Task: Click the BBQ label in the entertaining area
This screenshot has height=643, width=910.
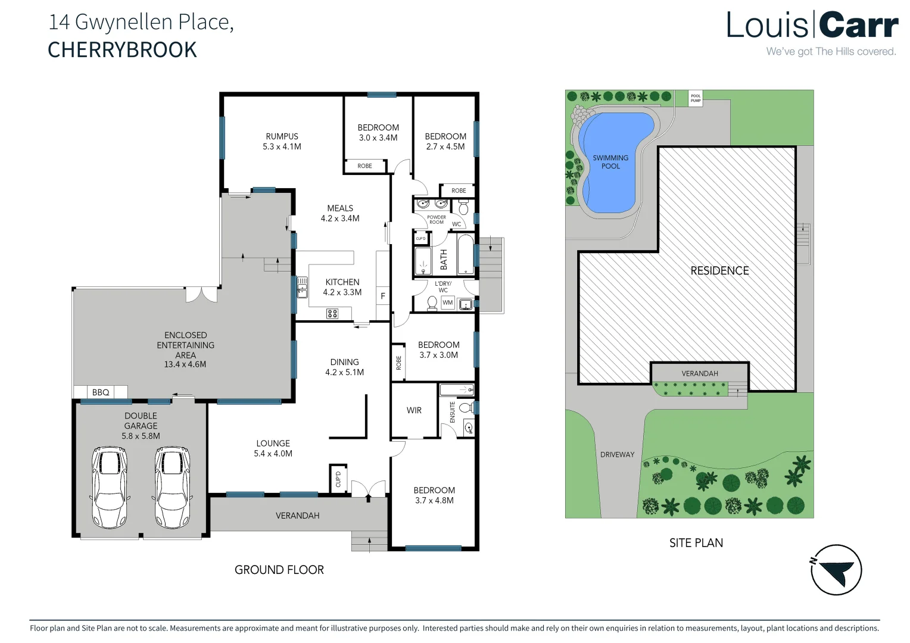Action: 101,392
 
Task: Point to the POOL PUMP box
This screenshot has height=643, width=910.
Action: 696,98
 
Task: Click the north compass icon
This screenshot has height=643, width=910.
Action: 836,570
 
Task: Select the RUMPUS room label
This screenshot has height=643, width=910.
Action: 282,136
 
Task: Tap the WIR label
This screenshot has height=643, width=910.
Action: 414,410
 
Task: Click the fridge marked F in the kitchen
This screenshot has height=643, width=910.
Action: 383,296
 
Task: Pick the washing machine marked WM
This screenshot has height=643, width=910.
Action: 447,302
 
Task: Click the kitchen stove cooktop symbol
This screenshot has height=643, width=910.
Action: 332,313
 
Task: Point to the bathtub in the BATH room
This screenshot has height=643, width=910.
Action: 465,255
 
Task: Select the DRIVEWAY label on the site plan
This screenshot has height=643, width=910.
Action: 617,454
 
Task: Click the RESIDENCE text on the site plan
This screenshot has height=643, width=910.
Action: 719,271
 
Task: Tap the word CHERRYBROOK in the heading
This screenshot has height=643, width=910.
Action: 122,50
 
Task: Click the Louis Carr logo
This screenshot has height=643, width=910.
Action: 812,33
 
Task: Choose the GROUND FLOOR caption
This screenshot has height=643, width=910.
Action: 279,570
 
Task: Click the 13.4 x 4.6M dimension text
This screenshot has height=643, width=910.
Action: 185,364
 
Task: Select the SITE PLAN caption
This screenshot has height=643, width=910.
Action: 696,543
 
